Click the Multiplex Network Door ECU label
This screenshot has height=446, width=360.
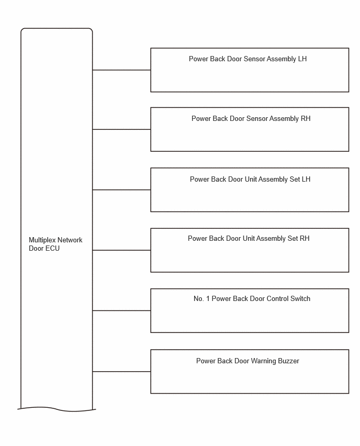(55, 244)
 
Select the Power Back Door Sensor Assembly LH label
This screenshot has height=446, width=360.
(248, 59)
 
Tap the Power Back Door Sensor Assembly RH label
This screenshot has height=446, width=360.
(251, 119)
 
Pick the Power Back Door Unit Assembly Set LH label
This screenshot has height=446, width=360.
(250, 179)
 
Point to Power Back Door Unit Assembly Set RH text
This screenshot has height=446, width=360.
(249, 238)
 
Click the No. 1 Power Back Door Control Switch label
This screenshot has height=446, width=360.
(252, 299)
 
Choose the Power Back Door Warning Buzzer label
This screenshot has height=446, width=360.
(248, 361)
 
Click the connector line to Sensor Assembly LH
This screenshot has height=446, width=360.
(121, 70)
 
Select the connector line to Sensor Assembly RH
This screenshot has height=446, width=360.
(121, 129)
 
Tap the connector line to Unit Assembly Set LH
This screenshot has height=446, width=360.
(121, 189)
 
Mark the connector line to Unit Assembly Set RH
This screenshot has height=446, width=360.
(121, 250)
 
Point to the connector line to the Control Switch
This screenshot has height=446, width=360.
(121, 310)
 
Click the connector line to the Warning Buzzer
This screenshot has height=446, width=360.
(121, 372)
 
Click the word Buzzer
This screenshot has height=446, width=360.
(288, 361)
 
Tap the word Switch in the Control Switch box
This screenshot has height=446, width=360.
(300, 299)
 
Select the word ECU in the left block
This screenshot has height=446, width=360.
(53, 248)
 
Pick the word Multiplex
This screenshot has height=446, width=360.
(41, 240)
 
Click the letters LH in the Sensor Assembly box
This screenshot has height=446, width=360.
(302, 59)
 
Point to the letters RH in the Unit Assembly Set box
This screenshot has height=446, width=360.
(305, 238)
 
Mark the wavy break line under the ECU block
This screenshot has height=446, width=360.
(57, 409)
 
